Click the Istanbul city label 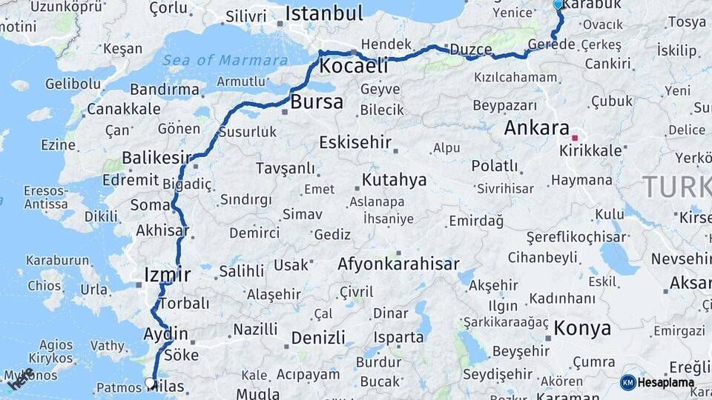coord(323,13)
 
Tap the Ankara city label coord(536,127)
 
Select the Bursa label coord(317,102)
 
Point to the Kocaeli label coord(354,66)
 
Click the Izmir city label coord(168,275)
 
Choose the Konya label coord(582,329)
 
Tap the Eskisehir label coord(355,143)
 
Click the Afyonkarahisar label coord(398,264)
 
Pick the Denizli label coord(318,338)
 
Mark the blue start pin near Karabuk coord(558,4)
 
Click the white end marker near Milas coord(151,384)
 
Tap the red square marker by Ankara coord(575,138)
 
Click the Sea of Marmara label coord(225,61)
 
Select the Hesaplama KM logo coord(657,383)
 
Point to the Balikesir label coord(156,158)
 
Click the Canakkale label coord(123,109)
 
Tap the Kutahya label coord(394,180)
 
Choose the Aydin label coord(165,333)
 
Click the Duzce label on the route coord(470,50)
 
